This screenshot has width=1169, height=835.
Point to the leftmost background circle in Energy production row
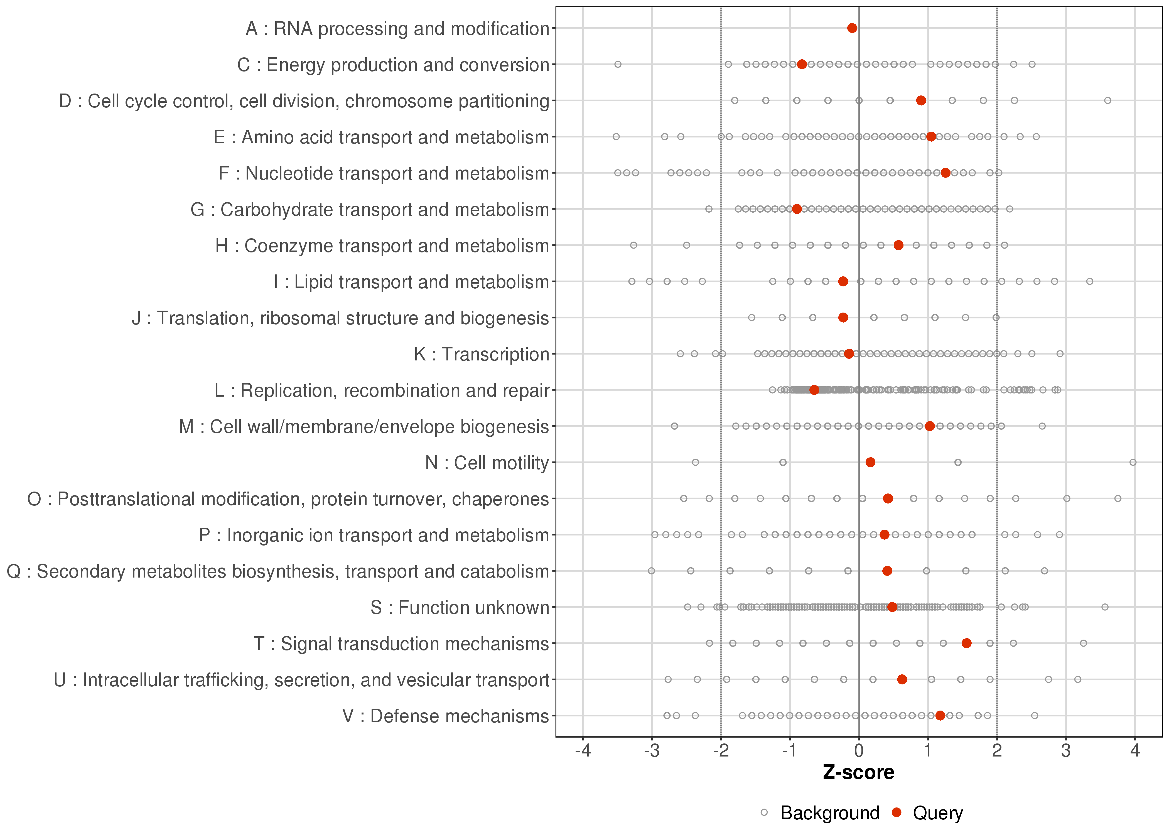(x=618, y=64)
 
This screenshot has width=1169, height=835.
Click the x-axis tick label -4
(x=583, y=751)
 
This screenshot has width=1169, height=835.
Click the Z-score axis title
(x=858, y=772)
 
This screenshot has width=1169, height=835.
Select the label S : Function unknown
(x=460, y=608)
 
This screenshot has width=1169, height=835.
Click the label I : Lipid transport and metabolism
(x=411, y=282)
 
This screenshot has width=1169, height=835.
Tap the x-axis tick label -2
(x=721, y=751)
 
